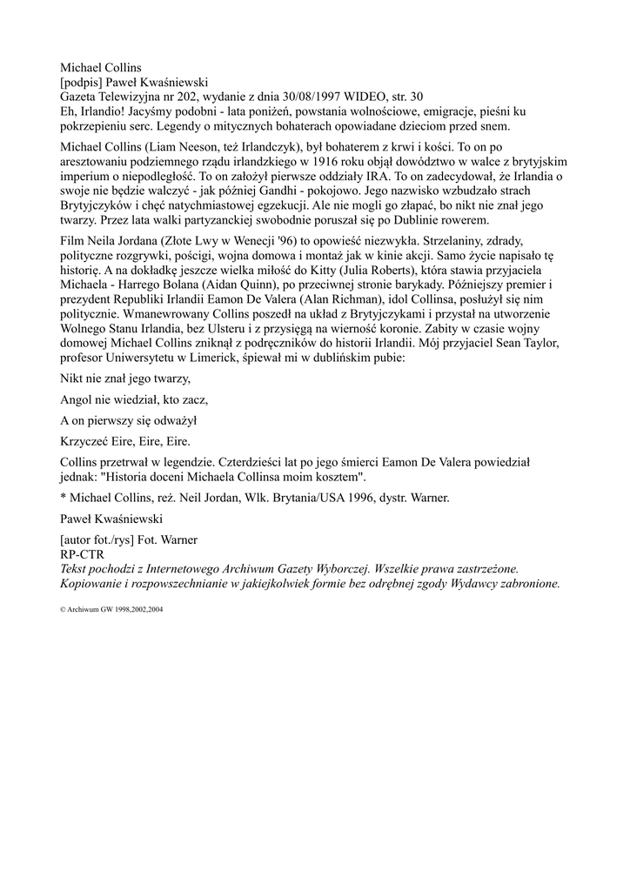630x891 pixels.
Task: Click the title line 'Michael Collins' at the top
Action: [x=100, y=67]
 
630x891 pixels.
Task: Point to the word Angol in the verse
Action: [x=77, y=399]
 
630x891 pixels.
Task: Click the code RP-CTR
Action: [x=83, y=553]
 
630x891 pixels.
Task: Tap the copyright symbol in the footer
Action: [x=63, y=610]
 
